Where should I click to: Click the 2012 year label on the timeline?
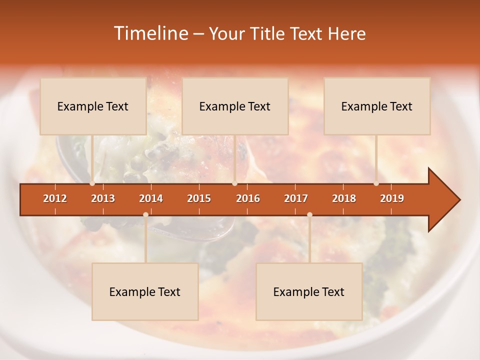(55, 198)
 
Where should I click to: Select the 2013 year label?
(103, 198)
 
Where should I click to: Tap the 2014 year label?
(151, 198)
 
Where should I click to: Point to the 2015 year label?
(199, 198)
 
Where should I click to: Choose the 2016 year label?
(248, 198)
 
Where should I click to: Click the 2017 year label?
(296, 198)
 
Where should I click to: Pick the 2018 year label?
(344, 198)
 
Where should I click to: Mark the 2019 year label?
(392, 198)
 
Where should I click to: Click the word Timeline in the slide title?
(150, 33)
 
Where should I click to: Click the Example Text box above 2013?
(93, 106)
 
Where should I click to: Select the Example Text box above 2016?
(235, 106)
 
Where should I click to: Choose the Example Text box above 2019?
(377, 106)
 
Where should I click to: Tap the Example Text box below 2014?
(145, 291)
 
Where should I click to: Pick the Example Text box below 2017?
(309, 291)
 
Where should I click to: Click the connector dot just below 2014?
(145, 214)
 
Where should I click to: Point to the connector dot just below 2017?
(309, 214)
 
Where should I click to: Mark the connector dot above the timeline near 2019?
(376, 183)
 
